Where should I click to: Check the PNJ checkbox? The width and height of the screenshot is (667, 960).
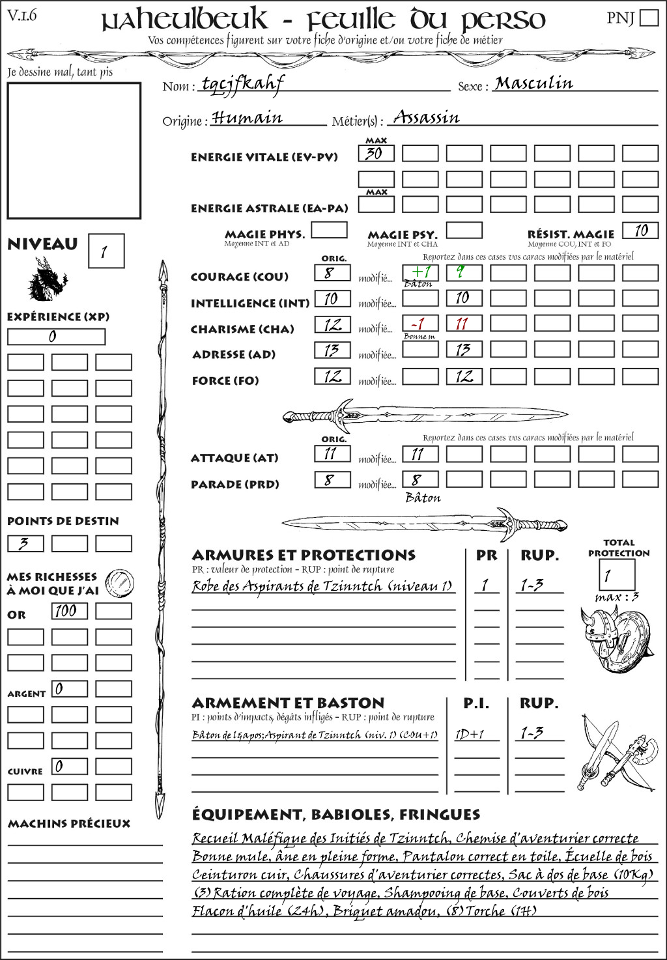pyautogui.click(x=649, y=18)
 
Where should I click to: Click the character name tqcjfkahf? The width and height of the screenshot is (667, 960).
pyautogui.click(x=242, y=83)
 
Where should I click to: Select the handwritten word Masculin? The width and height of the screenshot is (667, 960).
pyautogui.click(x=533, y=83)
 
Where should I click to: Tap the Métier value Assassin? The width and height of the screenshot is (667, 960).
pyautogui.click(x=427, y=118)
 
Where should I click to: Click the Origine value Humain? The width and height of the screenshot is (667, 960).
pyautogui.click(x=248, y=118)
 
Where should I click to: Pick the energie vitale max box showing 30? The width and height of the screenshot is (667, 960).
pyautogui.click(x=376, y=154)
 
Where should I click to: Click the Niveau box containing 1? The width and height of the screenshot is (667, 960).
pyautogui.click(x=106, y=251)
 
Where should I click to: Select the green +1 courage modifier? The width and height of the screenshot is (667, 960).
pyautogui.click(x=420, y=272)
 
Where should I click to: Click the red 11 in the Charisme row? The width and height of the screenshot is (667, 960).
pyautogui.click(x=464, y=324)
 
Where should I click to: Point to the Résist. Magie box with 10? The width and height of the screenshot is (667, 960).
pyautogui.click(x=640, y=231)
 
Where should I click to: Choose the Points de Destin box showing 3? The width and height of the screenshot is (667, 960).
pyautogui.click(x=25, y=543)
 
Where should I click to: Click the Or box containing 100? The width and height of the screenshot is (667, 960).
pyautogui.click(x=70, y=611)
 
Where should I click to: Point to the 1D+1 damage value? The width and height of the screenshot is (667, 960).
pyautogui.click(x=470, y=735)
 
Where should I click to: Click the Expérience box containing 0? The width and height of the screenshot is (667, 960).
pyautogui.click(x=56, y=337)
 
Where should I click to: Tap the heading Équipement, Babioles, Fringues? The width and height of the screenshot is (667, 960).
pyautogui.click(x=335, y=815)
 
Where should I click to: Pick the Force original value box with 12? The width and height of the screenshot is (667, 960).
pyautogui.click(x=332, y=376)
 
